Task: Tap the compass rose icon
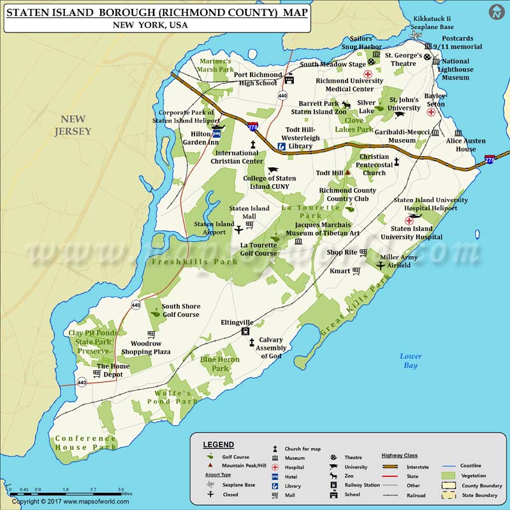pyautogui.click(x=496, y=12)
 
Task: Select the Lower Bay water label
pyautogui.click(x=410, y=361)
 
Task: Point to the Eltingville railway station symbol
pyautogui.click(x=245, y=332)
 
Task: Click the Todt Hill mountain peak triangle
pyautogui.click(x=349, y=173)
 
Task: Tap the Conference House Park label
pyautogui.click(x=85, y=442)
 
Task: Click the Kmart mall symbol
pyautogui.click(x=356, y=271)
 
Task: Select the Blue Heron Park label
pyautogui.click(x=220, y=364)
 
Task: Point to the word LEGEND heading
pyautogui.click(x=219, y=444)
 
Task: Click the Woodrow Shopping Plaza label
pyautogui.click(x=145, y=347)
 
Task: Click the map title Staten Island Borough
pyautogui.click(x=158, y=11)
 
